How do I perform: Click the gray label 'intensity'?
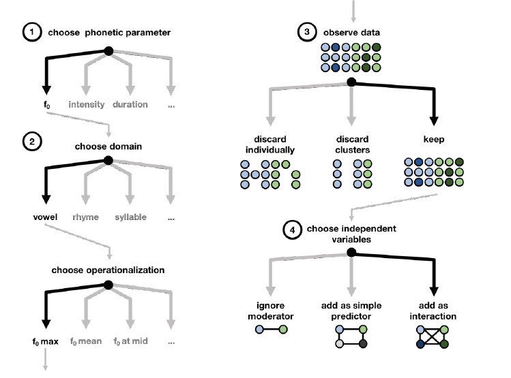pyautogui.click(x=86, y=104)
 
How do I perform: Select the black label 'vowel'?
pyautogui.click(x=45, y=217)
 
